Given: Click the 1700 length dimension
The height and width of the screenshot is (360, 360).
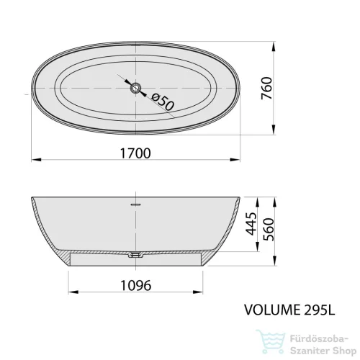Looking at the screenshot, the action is (x=135, y=153).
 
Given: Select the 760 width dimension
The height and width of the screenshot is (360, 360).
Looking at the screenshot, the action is (x=267, y=88).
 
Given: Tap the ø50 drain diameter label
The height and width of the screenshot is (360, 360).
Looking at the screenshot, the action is (x=163, y=102).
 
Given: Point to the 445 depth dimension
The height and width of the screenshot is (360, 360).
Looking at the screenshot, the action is (x=251, y=224).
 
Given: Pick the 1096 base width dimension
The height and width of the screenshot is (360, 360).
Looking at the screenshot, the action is (x=135, y=285).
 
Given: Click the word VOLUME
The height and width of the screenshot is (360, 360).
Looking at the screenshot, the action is (x=272, y=310).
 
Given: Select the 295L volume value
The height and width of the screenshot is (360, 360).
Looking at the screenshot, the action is (x=319, y=310).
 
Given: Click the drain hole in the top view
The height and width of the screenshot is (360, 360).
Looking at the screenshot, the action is (x=135, y=88).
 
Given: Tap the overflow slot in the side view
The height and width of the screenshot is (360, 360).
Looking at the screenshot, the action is (x=135, y=204).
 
